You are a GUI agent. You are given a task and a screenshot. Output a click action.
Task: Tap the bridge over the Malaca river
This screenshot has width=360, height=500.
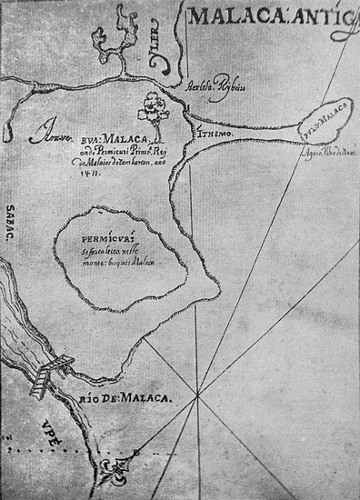tap(48, 373)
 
